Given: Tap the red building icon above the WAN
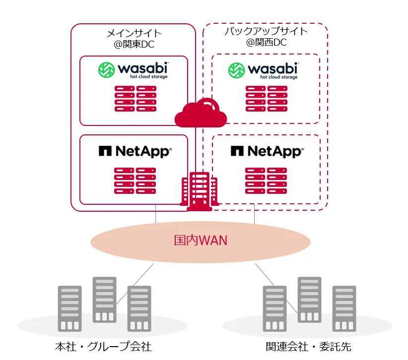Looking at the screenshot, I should click(201, 191).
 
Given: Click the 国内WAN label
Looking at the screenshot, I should click(201, 241).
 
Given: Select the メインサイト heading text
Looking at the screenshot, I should click(134, 33).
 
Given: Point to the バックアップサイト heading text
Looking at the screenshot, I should click(266, 32).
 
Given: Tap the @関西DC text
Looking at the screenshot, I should click(266, 43).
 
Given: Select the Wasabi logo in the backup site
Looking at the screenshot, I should click(264, 70).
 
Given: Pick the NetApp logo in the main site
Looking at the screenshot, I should click(135, 151).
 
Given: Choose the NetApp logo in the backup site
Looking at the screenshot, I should click(266, 151).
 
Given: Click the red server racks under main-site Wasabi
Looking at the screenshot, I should click(135, 98).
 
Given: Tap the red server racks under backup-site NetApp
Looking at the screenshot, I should click(266, 180).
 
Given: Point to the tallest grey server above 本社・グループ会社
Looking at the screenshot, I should click(105, 299).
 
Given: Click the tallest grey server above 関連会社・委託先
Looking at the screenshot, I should click(309, 299).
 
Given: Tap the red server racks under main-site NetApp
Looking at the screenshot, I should click(135, 180).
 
